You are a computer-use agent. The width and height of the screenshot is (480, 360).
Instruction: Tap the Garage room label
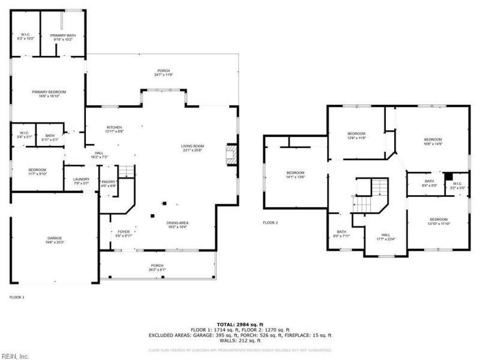[x=55, y=240]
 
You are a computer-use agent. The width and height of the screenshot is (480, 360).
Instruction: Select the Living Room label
[x=193, y=148]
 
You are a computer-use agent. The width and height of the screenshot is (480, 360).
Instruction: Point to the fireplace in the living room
[x=230, y=154]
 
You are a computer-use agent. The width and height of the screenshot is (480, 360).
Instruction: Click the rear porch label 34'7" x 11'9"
[x=163, y=73]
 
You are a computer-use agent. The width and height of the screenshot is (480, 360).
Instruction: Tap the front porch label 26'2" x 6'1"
[x=157, y=268]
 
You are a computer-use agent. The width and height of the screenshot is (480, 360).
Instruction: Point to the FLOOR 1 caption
[x=17, y=297]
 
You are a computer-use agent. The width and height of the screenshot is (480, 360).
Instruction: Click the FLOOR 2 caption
[x=271, y=223]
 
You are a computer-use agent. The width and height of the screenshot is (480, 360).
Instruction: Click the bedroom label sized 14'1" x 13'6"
[x=295, y=175]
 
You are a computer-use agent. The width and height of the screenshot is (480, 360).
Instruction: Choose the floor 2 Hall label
[x=386, y=237]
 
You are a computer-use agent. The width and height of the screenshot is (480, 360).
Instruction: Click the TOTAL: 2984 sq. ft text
[x=239, y=324]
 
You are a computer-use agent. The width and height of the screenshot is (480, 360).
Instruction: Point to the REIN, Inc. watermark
[x=15, y=355]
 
